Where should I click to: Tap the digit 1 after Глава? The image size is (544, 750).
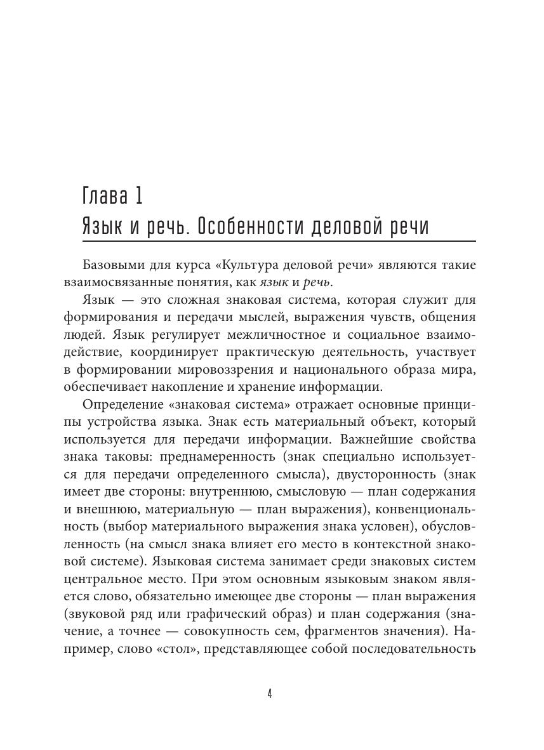pyautogui.click(x=138, y=195)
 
